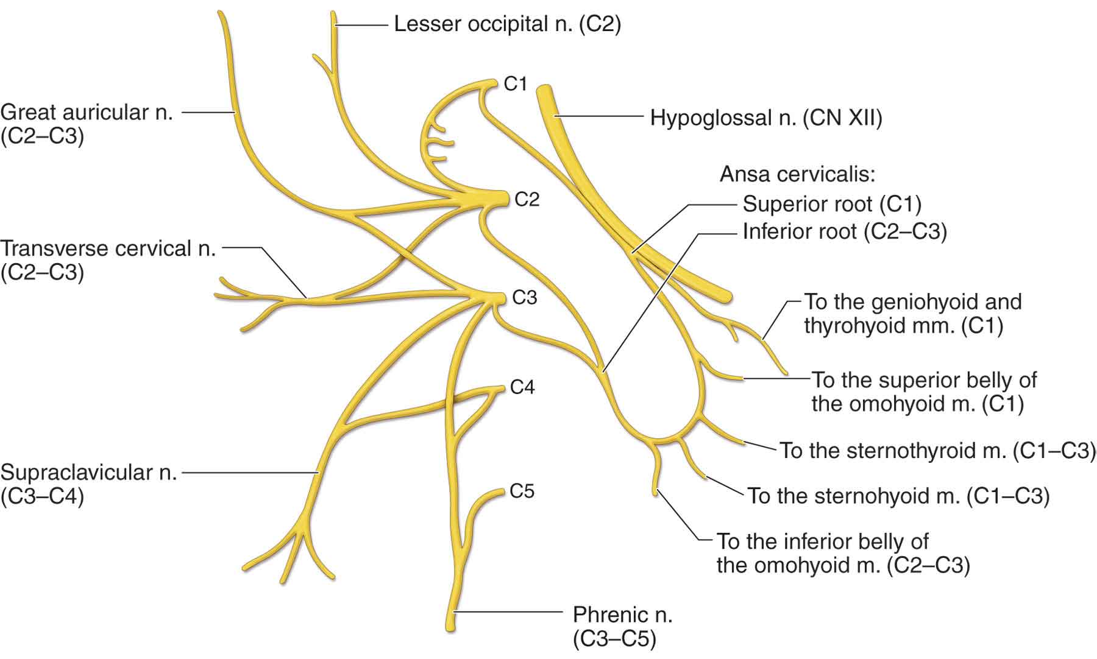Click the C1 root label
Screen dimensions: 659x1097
[x=515, y=83]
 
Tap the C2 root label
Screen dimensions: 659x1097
[x=527, y=199]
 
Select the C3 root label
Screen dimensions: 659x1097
[x=524, y=297]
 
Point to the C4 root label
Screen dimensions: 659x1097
[x=522, y=387]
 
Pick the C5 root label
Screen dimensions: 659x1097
[x=522, y=491]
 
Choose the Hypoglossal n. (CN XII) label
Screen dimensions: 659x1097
[x=766, y=117]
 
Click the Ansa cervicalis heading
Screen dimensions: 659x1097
[x=797, y=175]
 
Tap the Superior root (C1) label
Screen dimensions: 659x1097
[x=832, y=204]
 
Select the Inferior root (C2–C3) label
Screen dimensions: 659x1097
[x=844, y=232]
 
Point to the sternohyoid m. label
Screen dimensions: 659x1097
[x=898, y=496]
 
